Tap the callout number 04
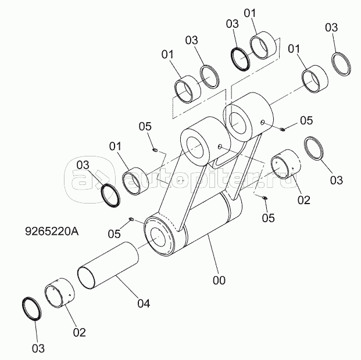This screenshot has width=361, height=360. point(144,303)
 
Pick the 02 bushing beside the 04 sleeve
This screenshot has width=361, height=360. point(60,293)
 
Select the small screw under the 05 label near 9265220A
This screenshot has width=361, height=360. point(133,219)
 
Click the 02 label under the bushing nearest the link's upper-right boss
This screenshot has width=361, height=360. point(303,199)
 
